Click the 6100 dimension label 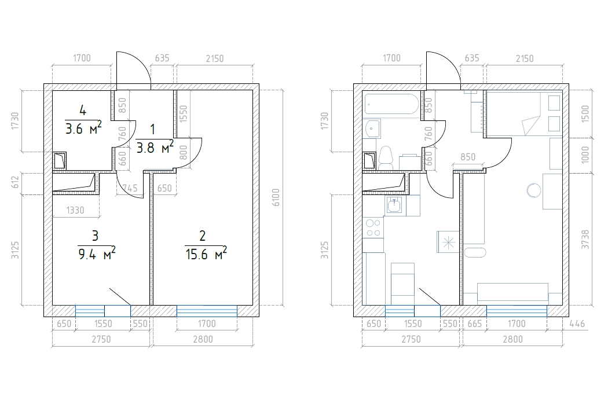click(x=276, y=197)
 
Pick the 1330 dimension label click(x=75, y=210)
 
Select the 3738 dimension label click(x=585, y=240)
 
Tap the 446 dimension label click(x=577, y=324)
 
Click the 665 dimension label click(x=475, y=324)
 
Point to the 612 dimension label click(x=15, y=183)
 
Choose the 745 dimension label click(x=130, y=188)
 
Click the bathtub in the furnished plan click(x=391, y=104)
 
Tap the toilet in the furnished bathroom click(x=386, y=157)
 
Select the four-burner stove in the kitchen click(x=373, y=227)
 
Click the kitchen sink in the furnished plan click(x=395, y=205)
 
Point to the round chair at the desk click(x=534, y=190)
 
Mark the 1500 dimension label click(x=585, y=113)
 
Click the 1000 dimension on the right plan click(x=585, y=155)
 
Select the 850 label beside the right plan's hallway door click(x=468, y=157)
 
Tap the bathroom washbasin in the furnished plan click(x=373, y=128)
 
